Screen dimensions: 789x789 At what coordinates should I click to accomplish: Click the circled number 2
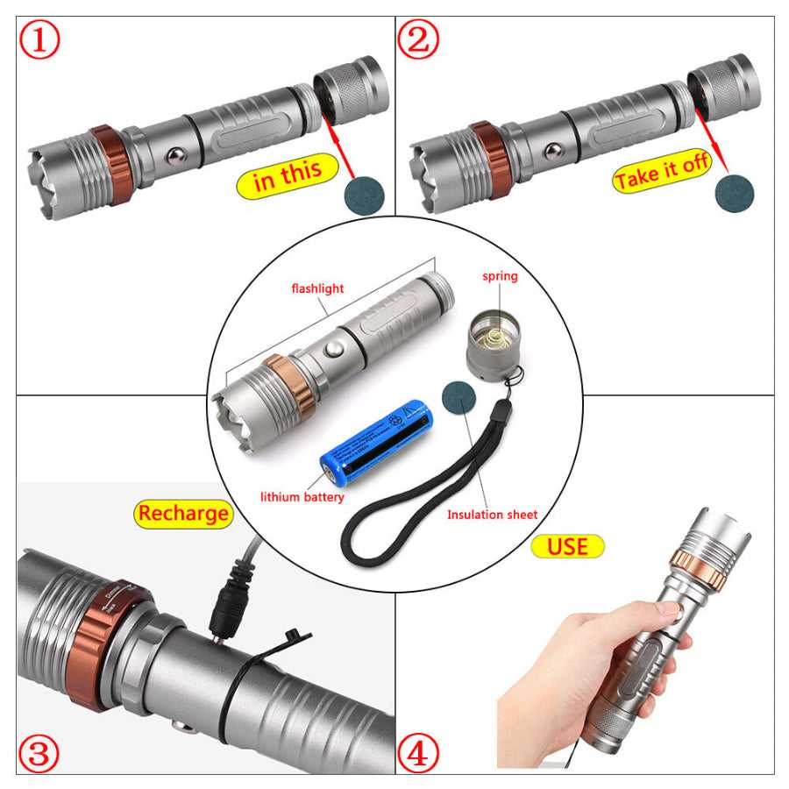(418, 40)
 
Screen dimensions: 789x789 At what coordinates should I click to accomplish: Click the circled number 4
(418, 752)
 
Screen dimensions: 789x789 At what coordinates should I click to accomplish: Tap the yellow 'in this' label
(288, 174)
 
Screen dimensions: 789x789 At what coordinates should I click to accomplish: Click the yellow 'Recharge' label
(183, 514)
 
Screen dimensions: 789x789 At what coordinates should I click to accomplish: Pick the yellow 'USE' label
(567, 546)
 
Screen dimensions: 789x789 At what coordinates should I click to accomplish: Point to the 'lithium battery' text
(302, 497)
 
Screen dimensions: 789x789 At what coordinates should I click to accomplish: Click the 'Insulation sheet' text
(492, 515)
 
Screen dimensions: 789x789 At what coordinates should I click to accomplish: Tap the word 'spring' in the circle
(500, 276)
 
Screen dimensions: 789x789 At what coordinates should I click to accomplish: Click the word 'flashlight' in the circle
(318, 288)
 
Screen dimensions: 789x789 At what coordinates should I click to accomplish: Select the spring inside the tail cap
(496, 334)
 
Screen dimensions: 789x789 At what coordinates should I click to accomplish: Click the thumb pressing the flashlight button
(666, 610)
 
